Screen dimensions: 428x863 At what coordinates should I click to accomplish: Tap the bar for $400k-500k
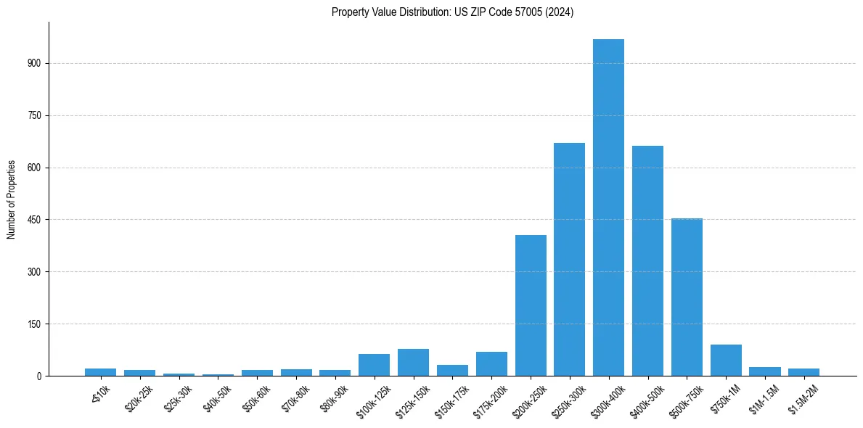(x=647, y=260)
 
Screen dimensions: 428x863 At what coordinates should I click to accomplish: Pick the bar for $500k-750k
(x=687, y=297)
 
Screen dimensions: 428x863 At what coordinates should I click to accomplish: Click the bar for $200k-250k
(x=531, y=305)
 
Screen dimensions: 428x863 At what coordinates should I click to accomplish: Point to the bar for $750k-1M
(x=726, y=361)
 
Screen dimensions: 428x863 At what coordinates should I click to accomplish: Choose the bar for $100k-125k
(x=374, y=365)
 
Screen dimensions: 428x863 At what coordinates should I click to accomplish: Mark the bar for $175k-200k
(x=491, y=364)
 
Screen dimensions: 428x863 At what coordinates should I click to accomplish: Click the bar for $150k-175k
(x=452, y=370)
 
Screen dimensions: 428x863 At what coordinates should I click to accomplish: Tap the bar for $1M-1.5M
(x=765, y=371)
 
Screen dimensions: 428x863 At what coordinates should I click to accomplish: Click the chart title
(x=452, y=12)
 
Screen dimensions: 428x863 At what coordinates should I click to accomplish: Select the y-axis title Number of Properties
(x=12, y=199)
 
